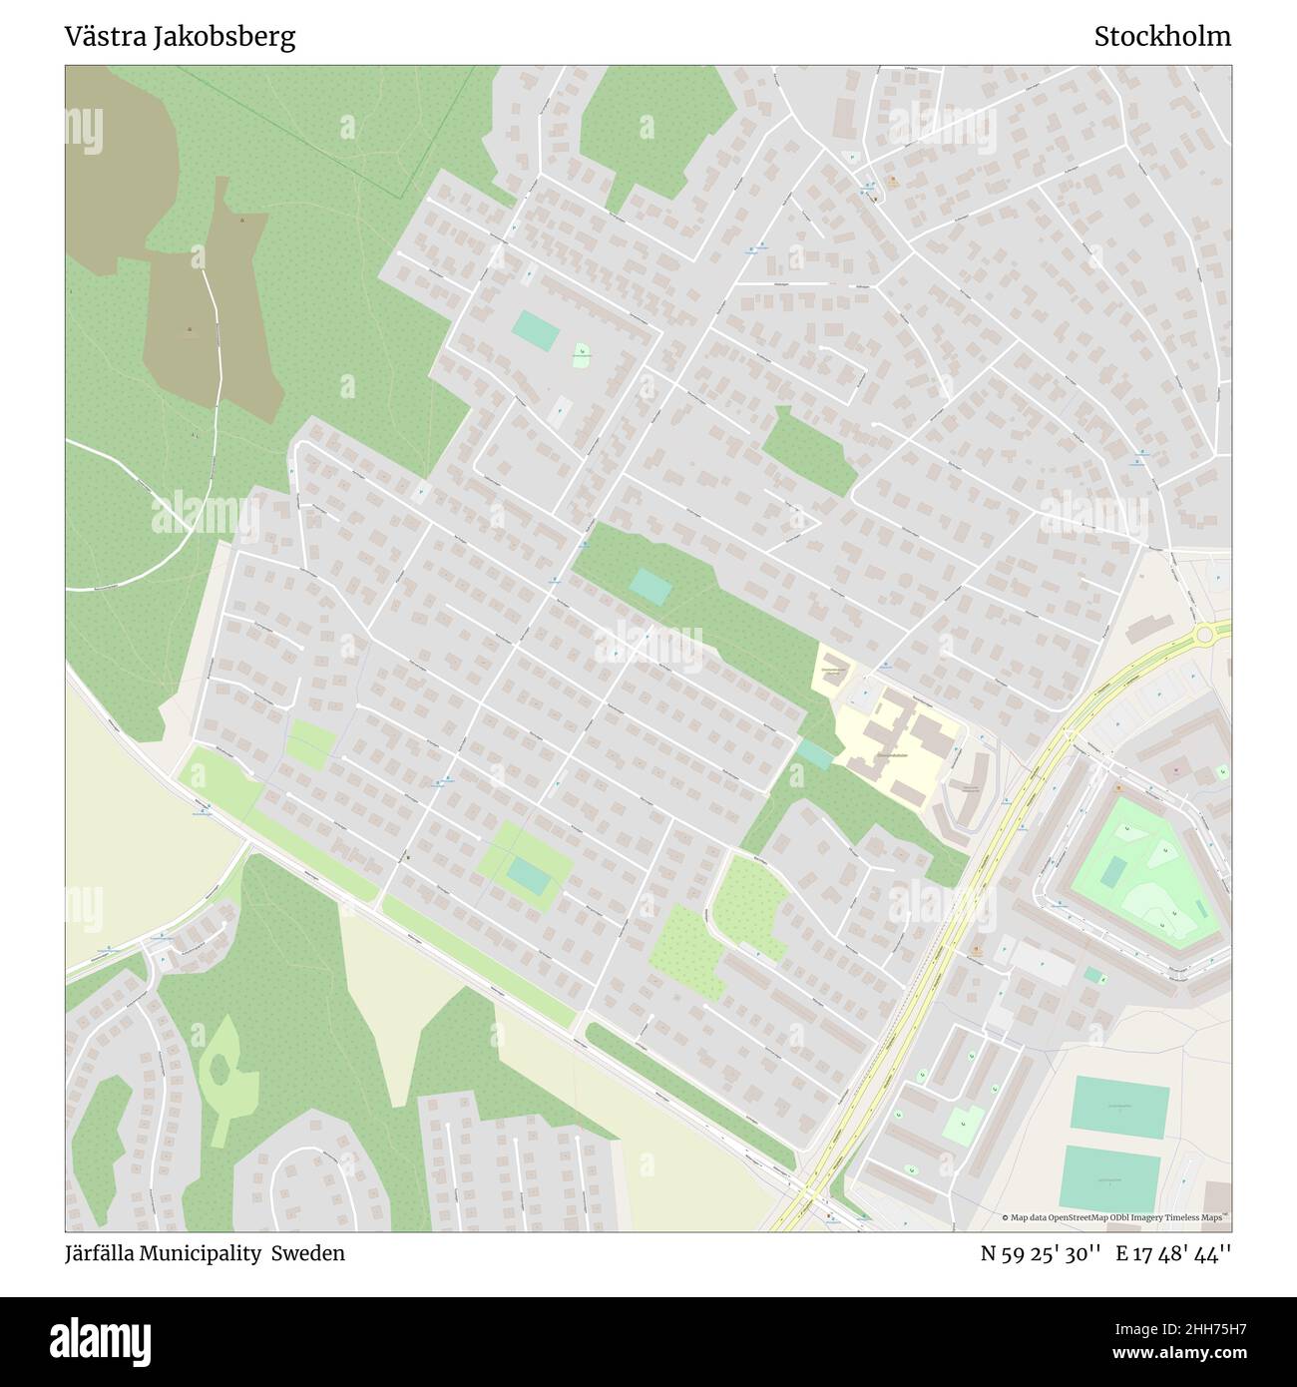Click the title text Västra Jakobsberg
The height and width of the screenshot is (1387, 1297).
[180, 37]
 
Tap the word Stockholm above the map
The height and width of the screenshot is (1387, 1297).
[1162, 37]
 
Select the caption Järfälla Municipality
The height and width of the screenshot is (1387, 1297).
[163, 1253]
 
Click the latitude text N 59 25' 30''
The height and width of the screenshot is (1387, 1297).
[1041, 1253]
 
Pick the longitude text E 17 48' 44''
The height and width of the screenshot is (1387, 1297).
[1173, 1253]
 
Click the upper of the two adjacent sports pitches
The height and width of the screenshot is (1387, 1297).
[1118, 1107]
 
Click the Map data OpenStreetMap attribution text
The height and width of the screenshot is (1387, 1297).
[1115, 1217]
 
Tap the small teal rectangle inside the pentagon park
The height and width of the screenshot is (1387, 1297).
[1111, 871]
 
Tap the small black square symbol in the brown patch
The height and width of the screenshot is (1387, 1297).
[190, 329]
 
